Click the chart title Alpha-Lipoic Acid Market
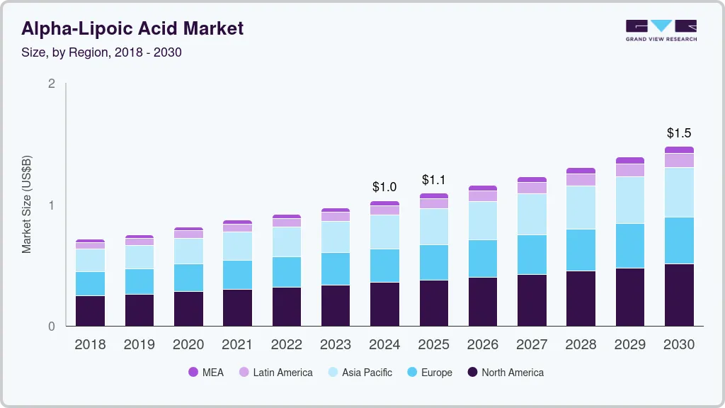132,28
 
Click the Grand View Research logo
661,30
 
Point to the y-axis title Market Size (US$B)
27,205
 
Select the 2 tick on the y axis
51,84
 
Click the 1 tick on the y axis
51,205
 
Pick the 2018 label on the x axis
90,345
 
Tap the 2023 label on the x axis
336,345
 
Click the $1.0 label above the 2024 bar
384,187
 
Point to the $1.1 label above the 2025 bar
433,180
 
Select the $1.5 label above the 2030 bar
679,133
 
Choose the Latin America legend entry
275,373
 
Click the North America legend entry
506,373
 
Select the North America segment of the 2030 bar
679,295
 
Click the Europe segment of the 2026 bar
483,259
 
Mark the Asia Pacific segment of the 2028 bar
581,208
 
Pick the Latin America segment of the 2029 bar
630,170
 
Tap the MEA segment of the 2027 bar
532,180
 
